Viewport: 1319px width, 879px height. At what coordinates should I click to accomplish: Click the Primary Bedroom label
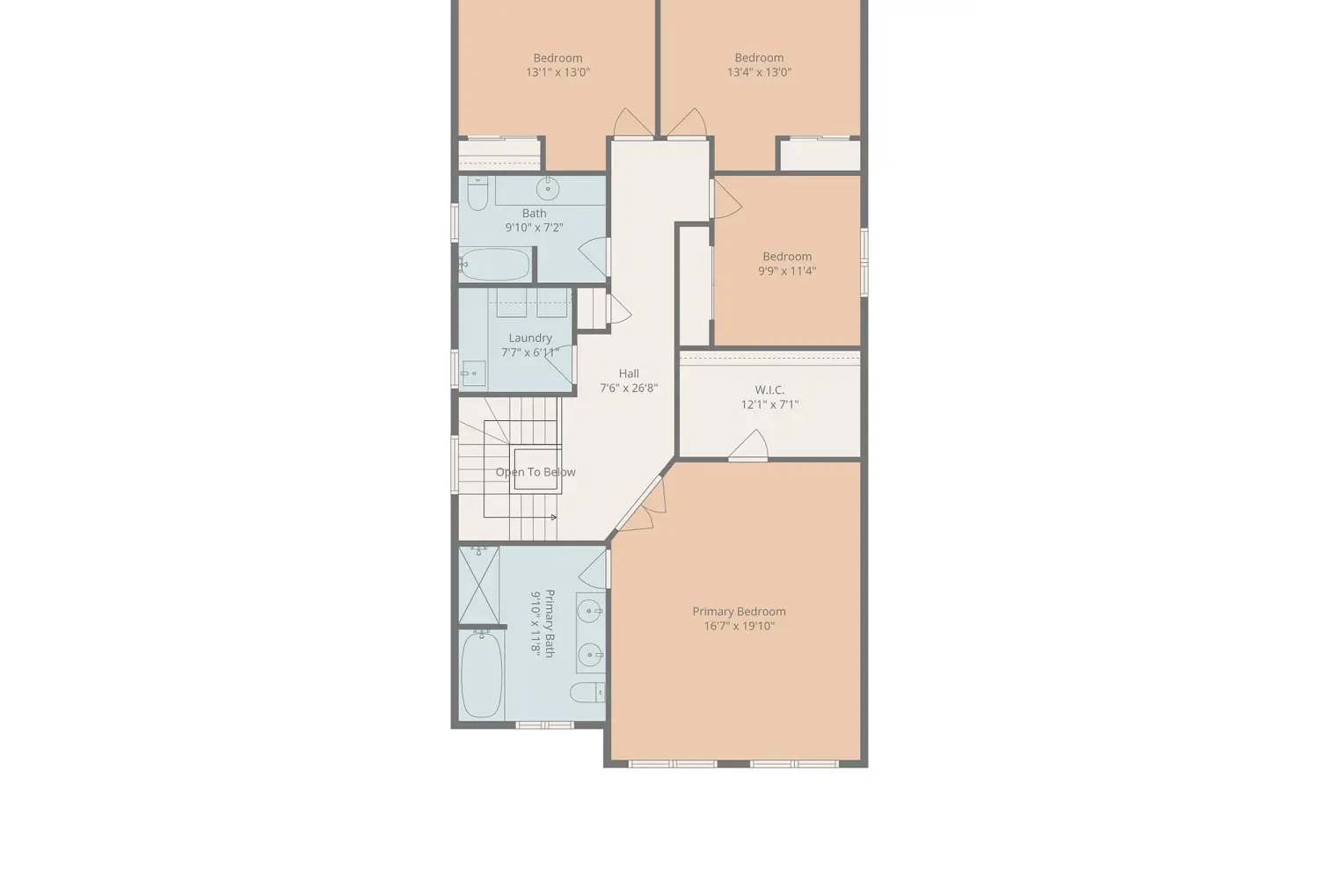click(739, 612)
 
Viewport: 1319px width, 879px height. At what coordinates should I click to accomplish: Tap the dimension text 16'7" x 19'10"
click(739, 627)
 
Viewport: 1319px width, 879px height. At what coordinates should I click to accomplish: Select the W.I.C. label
click(769, 390)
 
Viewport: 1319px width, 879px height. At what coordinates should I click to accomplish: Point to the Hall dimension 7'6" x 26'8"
click(629, 389)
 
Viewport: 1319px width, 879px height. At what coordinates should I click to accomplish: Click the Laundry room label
click(530, 338)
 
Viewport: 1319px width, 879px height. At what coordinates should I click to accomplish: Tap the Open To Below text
click(536, 472)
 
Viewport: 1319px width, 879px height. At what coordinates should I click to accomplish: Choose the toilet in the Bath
click(477, 194)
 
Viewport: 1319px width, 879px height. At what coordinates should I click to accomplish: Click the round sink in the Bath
click(548, 189)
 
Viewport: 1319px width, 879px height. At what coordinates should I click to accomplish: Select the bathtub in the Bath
click(495, 264)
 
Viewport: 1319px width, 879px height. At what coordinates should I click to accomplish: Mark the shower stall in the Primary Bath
click(479, 585)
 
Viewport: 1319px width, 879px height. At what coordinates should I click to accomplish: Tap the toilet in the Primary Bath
click(587, 693)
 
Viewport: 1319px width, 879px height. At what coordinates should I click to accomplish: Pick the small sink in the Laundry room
click(473, 374)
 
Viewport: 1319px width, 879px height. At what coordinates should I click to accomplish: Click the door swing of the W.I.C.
click(750, 445)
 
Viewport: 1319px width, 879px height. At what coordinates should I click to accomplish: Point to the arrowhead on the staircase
click(554, 518)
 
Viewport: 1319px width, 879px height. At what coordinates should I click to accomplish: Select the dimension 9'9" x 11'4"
click(787, 272)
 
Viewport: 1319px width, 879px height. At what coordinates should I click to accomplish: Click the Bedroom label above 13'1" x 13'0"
click(557, 58)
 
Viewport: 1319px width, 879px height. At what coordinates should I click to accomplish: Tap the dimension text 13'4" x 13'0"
click(759, 73)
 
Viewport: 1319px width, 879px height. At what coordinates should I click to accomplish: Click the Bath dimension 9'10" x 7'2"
click(534, 228)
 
